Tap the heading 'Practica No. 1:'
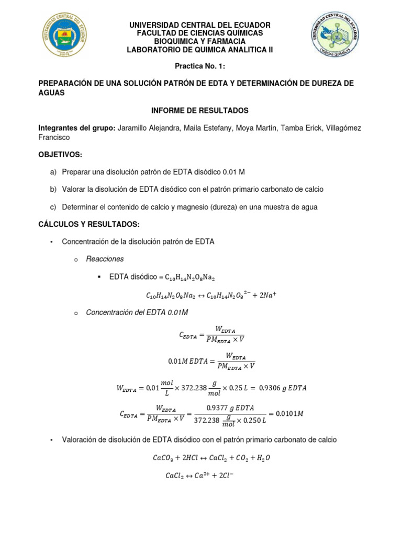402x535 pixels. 200,66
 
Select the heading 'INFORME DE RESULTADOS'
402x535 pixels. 200,111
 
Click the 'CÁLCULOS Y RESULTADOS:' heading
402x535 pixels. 89,224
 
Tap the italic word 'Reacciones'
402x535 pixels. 105,259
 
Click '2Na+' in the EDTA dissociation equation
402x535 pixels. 265,295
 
